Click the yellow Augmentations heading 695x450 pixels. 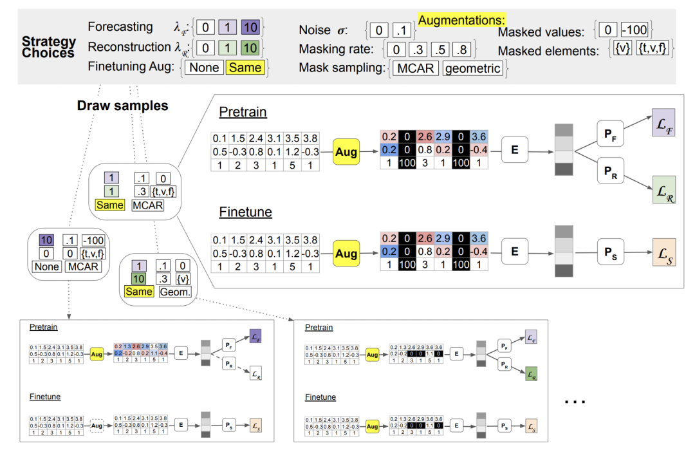461,21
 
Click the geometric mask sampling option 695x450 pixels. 472,68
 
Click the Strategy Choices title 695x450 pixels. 49,47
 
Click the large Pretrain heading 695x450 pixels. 243,112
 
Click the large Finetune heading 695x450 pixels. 245,212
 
